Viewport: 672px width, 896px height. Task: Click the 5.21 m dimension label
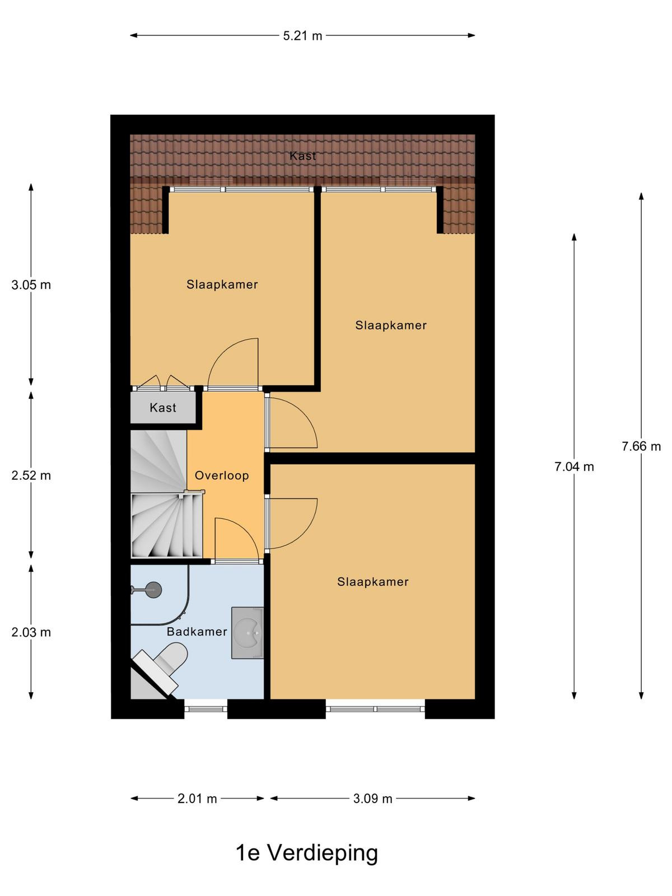302,36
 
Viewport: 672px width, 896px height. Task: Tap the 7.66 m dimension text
641,446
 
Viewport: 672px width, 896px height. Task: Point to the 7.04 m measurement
574,466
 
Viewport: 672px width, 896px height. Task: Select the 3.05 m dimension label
31,285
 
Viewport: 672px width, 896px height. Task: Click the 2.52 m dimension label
31,475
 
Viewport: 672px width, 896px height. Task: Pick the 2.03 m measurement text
31,632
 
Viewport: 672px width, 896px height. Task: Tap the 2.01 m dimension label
197,799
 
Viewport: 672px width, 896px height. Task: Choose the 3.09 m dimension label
372,799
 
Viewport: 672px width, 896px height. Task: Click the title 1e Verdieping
307,853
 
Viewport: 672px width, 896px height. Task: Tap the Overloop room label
222,475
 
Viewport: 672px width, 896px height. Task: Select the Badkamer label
197,632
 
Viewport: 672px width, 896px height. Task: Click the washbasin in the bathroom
248,633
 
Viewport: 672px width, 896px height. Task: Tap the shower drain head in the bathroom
153,590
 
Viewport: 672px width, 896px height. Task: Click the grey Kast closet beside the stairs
163,407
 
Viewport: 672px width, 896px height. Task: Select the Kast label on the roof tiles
302,156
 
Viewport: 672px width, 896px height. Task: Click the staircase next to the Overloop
166,493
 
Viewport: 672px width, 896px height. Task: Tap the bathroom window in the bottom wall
206,709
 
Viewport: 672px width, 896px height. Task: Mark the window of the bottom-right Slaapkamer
375,709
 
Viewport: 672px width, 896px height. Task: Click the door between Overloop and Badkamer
237,561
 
